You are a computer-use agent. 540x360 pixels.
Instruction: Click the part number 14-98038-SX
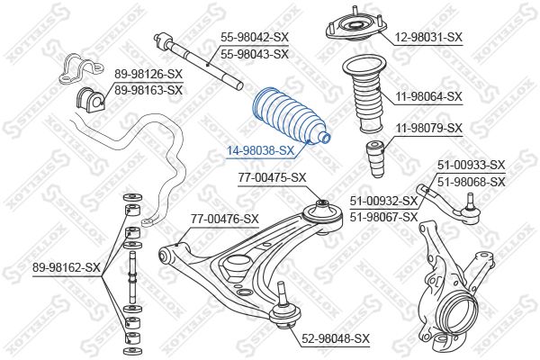pyautogui.click(x=259, y=150)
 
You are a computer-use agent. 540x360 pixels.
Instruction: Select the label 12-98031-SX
pyautogui.click(x=427, y=37)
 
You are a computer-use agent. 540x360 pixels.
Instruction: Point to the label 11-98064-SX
pyautogui.click(x=428, y=96)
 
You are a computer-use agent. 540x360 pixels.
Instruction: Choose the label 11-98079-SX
pyautogui.click(x=428, y=129)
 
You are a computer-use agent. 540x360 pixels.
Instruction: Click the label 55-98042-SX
pyautogui.click(x=255, y=38)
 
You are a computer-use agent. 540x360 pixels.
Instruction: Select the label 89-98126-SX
pyautogui.click(x=148, y=74)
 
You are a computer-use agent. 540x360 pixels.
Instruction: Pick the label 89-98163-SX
pyautogui.click(x=148, y=90)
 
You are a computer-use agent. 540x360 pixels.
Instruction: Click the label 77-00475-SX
pyautogui.click(x=272, y=178)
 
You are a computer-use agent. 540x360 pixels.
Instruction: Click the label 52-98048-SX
pyautogui.click(x=336, y=338)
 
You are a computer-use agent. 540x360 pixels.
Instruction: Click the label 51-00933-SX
pyautogui.click(x=471, y=165)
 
